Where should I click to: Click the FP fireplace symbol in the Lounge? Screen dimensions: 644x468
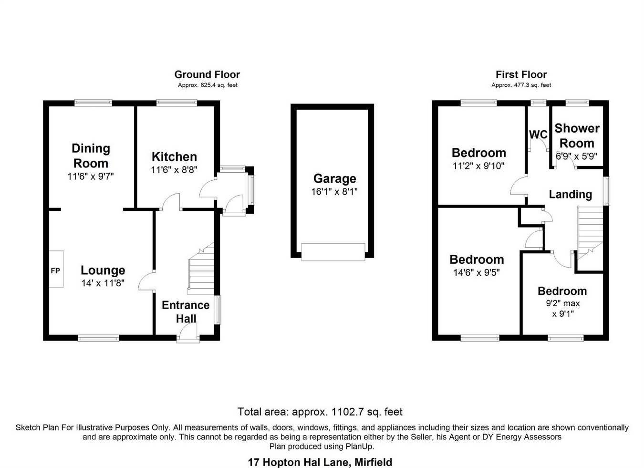coord(56,270)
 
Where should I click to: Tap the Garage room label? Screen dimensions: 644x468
coord(334,179)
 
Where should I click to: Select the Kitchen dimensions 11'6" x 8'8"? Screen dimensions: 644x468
coord(174,169)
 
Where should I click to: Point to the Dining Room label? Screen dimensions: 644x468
coord(91,156)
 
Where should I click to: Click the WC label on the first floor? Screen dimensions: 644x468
coord(538,135)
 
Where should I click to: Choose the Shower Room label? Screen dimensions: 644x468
coord(577,135)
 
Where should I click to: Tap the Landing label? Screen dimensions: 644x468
coord(570,194)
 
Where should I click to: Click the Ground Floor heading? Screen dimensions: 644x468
coord(207,74)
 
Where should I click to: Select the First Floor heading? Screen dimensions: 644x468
coord(521,74)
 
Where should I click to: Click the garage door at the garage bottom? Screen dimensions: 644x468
coord(333,251)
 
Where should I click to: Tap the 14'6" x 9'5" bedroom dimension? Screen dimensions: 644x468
coord(476,273)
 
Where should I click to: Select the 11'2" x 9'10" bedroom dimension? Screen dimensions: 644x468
coord(478,166)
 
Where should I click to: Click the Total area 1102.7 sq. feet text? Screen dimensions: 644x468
coord(320,412)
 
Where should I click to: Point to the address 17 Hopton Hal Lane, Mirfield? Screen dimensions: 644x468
coord(320,462)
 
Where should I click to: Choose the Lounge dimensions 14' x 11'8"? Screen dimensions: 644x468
coord(103,283)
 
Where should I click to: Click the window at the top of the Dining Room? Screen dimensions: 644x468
coord(93,102)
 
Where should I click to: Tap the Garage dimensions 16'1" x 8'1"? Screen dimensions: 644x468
coord(334,192)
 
